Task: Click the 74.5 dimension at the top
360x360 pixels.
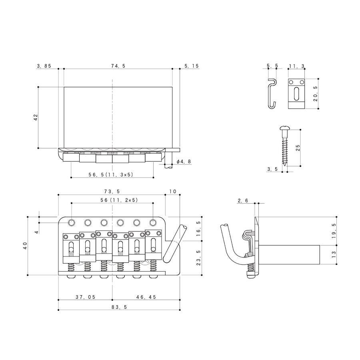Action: (x=118, y=66)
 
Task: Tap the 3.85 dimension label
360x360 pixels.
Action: (x=44, y=66)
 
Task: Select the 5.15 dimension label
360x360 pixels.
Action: (x=192, y=66)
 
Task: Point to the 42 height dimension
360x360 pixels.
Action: (x=36, y=117)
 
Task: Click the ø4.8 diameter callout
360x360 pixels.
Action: (x=184, y=162)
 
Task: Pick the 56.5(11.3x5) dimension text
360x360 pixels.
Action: (x=111, y=174)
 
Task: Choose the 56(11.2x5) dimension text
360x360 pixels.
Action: (x=119, y=200)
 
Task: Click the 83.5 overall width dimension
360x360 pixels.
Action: (x=119, y=307)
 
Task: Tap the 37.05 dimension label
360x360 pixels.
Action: (x=86, y=297)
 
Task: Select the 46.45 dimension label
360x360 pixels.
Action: (x=146, y=297)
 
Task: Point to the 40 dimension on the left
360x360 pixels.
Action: (x=25, y=246)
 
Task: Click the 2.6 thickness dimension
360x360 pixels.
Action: (x=243, y=201)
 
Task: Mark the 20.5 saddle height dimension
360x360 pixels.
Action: (x=315, y=94)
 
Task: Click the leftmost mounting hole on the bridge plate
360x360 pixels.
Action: (x=71, y=222)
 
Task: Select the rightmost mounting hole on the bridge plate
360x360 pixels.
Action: (x=153, y=222)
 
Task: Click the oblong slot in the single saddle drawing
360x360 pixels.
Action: (x=296, y=94)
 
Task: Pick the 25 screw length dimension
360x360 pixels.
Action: (x=298, y=148)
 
